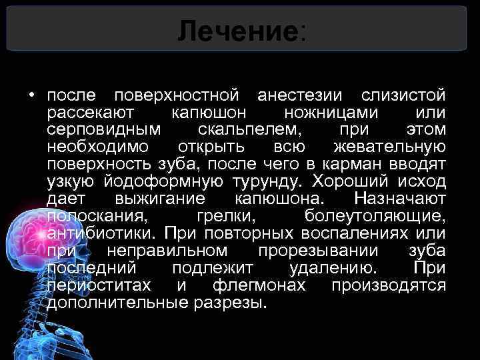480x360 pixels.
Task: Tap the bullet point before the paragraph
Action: (32, 94)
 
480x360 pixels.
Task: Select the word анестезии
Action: (302, 93)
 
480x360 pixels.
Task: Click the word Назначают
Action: (400, 198)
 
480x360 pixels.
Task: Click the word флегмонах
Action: (259, 285)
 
